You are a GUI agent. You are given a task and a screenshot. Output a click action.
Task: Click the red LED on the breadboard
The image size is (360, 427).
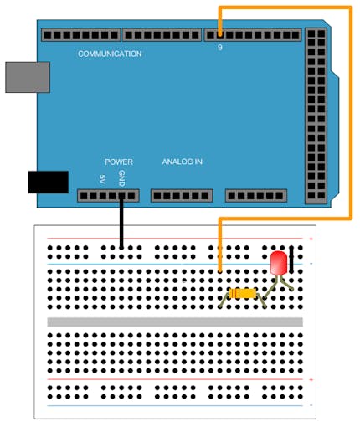pyautogui.click(x=279, y=263)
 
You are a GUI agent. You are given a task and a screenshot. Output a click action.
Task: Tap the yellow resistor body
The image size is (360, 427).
pyautogui.click(x=243, y=293)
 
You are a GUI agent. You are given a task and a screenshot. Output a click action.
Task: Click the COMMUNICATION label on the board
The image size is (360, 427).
pyautogui.click(x=110, y=54)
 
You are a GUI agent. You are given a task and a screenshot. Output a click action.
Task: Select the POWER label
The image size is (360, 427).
pyautogui.click(x=119, y=162)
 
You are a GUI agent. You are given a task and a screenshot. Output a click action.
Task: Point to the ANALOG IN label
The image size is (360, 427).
pyautogui.click(x=183, y=162)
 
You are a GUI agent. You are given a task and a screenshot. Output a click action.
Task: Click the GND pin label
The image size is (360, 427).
pyautogui.click(x=121, y=178)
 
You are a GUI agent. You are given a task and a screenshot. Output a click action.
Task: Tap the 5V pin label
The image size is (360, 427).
pyautogui.click(x=102, y=179)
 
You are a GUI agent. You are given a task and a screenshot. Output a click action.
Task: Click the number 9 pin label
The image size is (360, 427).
pyautogui.click(x=220, y=48)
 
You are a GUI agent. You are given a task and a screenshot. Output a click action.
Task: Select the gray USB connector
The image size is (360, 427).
pyautogui.click(x=28, y=77)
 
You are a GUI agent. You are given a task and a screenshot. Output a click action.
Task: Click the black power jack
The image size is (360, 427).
pyautogui.click(x=49, y=182)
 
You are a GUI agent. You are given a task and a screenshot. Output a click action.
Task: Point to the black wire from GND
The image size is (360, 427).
pyautogui.click(x=121, y=222)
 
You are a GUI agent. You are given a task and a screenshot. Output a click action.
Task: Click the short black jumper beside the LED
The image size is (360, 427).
pyautogui.click(x=291, y=260)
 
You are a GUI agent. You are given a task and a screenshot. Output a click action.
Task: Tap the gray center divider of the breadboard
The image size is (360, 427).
pyautogui.click(x=175, y=322)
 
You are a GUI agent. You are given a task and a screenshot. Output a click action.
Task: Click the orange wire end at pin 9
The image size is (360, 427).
pyautogui.click(x=220, y=34)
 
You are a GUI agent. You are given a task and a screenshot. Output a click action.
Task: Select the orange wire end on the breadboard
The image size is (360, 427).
pyautogui.click(x=220, y=270)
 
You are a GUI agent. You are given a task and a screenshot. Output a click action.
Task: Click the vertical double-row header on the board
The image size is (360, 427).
pyautogui.click(x=316, y=116)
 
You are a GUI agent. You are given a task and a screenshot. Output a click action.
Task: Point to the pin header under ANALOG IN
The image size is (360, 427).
pyautogui.click(x=182, y=196)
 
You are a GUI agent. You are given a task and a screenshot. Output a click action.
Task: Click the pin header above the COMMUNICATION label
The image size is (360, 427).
pyautogui.click(x=81, y=35)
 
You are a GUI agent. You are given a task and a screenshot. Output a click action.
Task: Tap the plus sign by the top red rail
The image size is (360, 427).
pyautogui.click(x=311, y=239)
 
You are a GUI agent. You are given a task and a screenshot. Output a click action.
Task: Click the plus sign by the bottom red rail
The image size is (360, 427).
pyautogui.click(x=311, y=380)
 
